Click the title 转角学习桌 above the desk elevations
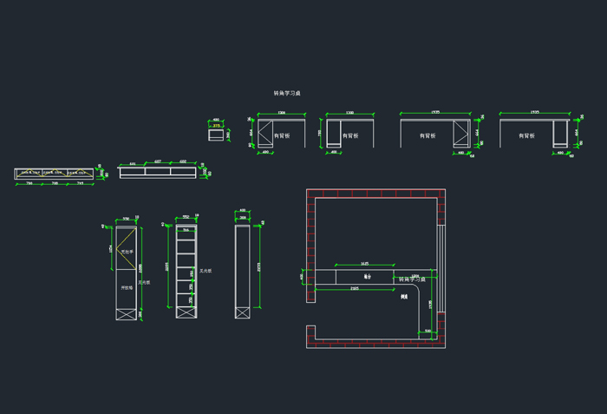tap(287, 93)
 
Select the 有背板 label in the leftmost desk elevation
tap(283, 135)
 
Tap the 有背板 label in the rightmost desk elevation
tap(525, 135)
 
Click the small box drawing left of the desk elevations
tap(216, 135)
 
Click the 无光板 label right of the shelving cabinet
tap(206, 271)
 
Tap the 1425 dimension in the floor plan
tap(365, 263)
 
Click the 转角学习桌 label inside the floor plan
tap(412, 279)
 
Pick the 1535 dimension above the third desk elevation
tap(435, 112)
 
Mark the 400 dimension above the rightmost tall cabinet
tap(243, 210)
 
